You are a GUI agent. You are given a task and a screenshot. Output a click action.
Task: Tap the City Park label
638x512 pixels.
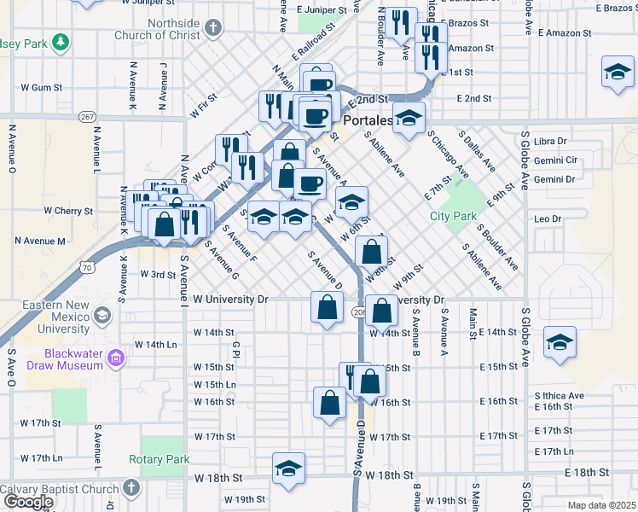point(453,216)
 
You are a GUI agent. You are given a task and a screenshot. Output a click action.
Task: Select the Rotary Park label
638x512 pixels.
point(159,459)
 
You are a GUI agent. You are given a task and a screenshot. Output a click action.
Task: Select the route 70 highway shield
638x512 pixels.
point(87,269)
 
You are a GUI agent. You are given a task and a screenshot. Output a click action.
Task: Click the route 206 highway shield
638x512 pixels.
point(358,313)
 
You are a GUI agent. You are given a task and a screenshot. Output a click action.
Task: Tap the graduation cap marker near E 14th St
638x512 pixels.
point(560,342)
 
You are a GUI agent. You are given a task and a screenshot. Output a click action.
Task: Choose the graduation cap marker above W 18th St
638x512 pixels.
point(289,468)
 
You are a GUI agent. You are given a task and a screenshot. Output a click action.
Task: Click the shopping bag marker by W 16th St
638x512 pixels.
point(329,402)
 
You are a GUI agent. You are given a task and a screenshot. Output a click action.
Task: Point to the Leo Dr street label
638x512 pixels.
point(547,219)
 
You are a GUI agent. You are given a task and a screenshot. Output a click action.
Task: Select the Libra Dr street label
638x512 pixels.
point(550,141)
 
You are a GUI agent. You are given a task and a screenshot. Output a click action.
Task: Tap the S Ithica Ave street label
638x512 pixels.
point(559,396)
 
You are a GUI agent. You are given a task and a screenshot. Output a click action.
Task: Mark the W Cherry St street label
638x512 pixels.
point(67,211)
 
